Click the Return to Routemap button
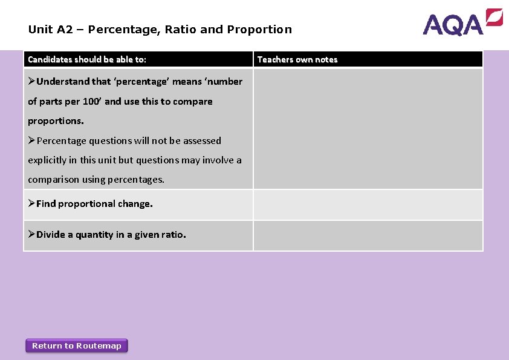point(77,345)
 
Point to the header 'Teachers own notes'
point(297,59)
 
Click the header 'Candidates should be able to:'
point(87,59)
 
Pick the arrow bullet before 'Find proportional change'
point(31,204)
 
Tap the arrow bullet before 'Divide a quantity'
point(31,235)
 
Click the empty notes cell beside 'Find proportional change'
point(368,205)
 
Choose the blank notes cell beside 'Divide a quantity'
point(368,235)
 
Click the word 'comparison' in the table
point(53,180)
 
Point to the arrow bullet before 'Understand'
point(31,82)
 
